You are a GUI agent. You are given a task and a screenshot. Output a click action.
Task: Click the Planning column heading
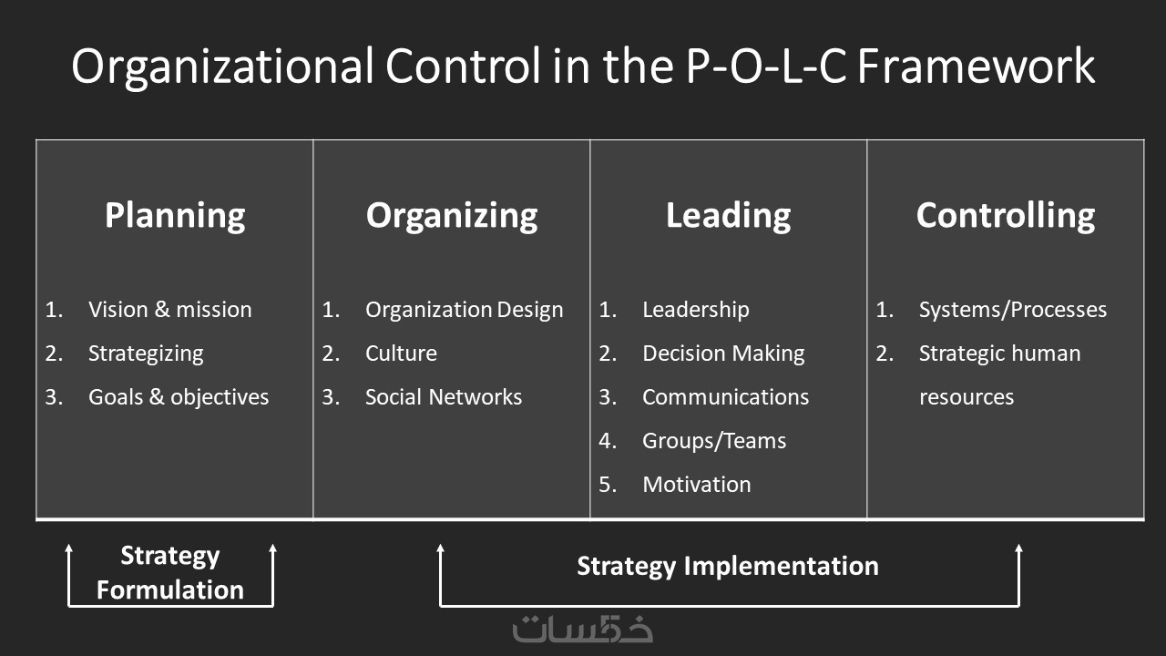tap(175, 216)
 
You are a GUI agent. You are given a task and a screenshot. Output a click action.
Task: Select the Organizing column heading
tap(452, 216)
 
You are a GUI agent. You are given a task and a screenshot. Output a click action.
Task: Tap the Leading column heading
tap(728, 216)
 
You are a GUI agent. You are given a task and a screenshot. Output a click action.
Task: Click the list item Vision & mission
tap(170, 310)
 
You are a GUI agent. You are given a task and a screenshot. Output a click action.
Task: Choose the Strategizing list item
tap(146, 354)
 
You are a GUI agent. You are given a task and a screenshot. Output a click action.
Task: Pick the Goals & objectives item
tap(179, 398)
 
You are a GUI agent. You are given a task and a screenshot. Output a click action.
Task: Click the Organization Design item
tap(465, 311)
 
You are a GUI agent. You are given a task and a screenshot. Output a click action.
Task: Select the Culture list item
tap(402, 354)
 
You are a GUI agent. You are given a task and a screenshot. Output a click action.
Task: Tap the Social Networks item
tap(444, 397)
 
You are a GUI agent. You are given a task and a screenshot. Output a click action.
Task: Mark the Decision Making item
tap(723, 354)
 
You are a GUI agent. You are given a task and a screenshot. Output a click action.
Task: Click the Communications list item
tap(726, 397)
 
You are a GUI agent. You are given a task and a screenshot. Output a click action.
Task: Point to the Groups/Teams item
tap(714, 441)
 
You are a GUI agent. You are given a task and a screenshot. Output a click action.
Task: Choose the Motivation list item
tap(697, 485)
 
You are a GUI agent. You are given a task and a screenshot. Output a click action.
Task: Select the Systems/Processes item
tap(1013, 310)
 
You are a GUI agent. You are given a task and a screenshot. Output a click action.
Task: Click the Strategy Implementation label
tap(728, 567)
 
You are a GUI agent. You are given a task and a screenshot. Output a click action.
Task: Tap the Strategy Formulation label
tap(170, 573)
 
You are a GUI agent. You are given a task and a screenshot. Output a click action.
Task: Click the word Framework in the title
tap(976, 67)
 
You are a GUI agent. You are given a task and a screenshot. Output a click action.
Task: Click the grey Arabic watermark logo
tap(582, 629)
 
